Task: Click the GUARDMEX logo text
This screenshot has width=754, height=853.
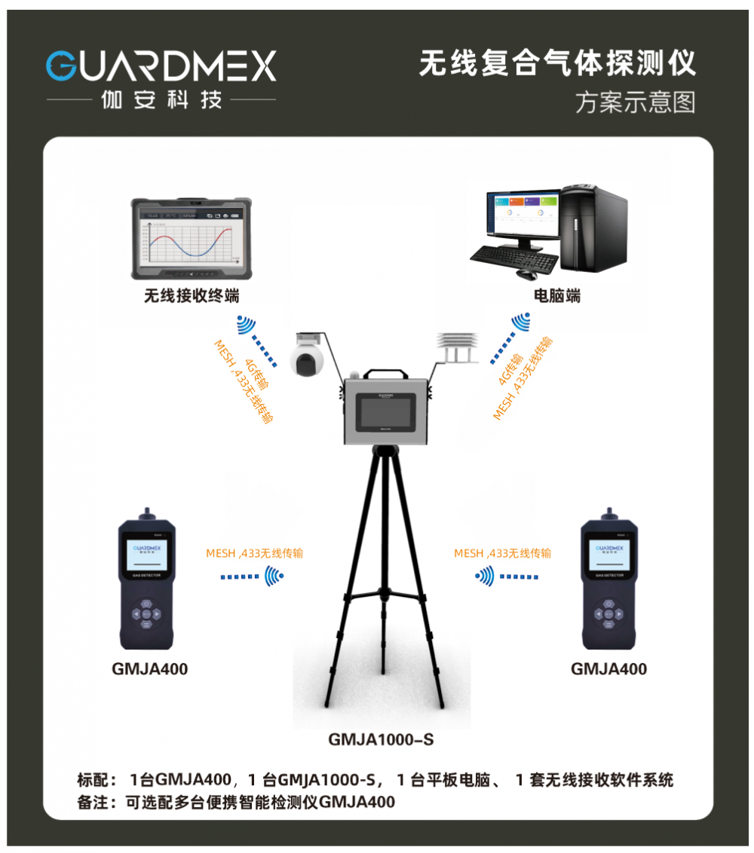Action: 161,66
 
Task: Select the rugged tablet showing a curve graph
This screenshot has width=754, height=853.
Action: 191,238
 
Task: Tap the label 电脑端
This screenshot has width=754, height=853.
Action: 556,296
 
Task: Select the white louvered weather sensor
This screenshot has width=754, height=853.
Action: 458,348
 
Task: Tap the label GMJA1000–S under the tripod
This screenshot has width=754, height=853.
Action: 381,739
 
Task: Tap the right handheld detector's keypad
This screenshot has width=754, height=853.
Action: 607,613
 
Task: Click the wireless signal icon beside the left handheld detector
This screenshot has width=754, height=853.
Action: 274,577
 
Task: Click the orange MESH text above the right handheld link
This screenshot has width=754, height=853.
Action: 469,553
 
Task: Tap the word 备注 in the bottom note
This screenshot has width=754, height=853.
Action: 93,802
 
